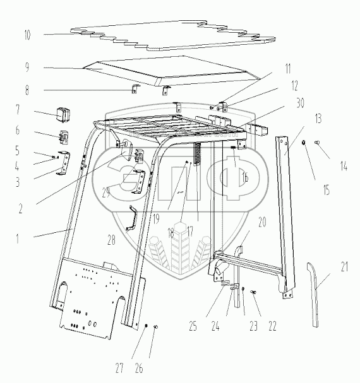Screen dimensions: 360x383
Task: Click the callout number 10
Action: [x=27, y=35]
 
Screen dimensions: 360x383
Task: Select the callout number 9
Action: [x=27, y=67]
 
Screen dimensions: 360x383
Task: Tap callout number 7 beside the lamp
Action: [x=18, y=110]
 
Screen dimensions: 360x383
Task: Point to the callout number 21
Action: [x=344, y=267]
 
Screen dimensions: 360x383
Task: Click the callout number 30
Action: [x=300, y=103]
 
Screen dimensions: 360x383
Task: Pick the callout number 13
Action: [x=318, y=119]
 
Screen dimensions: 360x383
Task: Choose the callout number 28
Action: [x=111, y=240]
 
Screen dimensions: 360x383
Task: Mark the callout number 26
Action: [x=139, y=368]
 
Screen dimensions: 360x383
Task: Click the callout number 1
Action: [x=17, y=239]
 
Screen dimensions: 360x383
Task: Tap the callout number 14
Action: [x=344, y=167]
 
